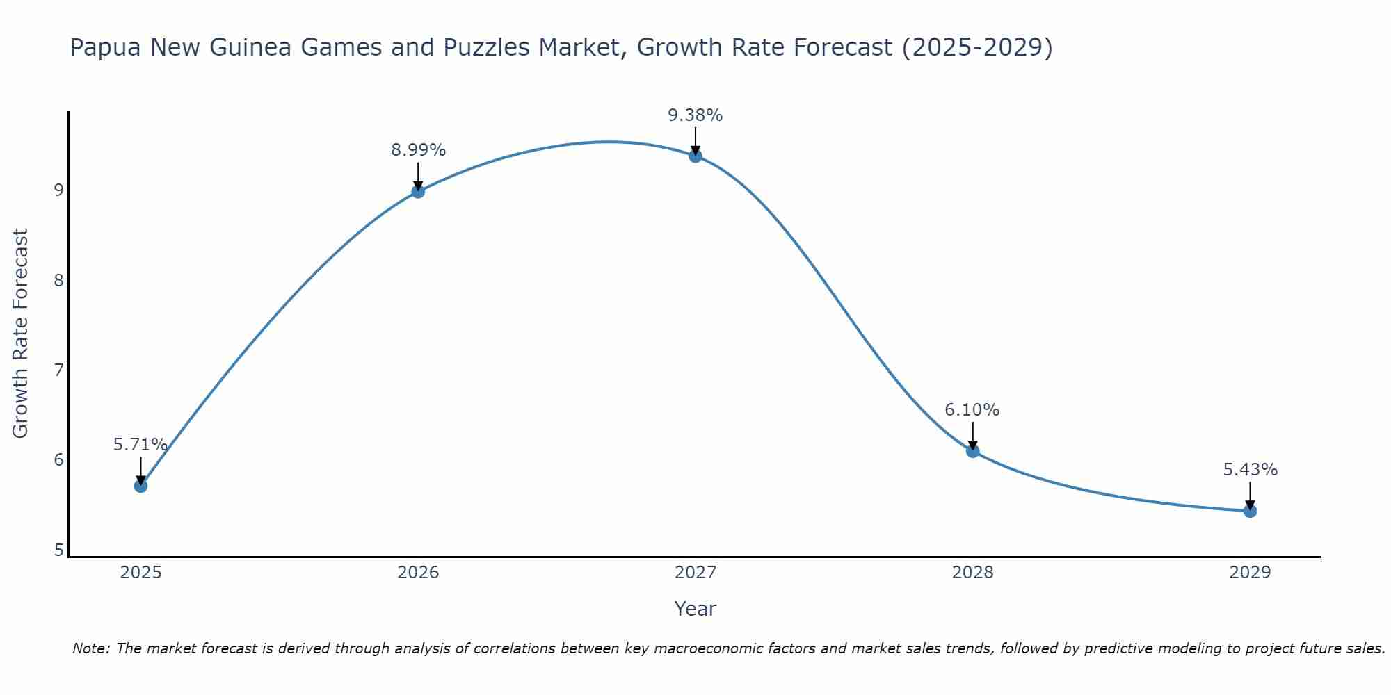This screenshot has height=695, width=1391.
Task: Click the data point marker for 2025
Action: (x=140, y=486)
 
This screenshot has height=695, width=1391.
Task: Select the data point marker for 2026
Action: (x=418, y=191)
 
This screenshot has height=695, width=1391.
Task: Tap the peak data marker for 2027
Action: (x=695, y=156)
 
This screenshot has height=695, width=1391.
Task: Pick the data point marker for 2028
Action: (x=972, y=451)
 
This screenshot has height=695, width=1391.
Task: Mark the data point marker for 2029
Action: (x=1250, y=511)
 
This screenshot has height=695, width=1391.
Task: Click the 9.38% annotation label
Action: (x=695, y=115)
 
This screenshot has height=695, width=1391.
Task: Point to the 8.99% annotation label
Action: (x=418, y=150)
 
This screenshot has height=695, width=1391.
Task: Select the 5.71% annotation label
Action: (x=140, y=445)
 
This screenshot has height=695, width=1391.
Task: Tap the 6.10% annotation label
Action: (x=972, y=410)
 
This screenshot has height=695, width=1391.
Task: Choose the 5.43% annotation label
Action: (x=1250, y=470)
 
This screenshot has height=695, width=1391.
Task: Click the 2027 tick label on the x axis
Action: (x=695, y=573)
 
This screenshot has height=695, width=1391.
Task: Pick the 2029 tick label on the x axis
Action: (x=1250, y=573)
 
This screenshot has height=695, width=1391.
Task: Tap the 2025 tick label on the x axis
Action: (x=140, y=573)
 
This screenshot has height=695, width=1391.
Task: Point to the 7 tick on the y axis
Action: (x=58, y=370)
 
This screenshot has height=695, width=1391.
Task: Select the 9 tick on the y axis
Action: (x=58, y=190)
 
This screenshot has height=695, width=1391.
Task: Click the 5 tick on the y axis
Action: (x=58, y=550)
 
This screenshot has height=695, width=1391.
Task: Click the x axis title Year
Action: (x=695, y=609)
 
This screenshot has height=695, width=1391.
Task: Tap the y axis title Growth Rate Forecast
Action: (x=21, y=334)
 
